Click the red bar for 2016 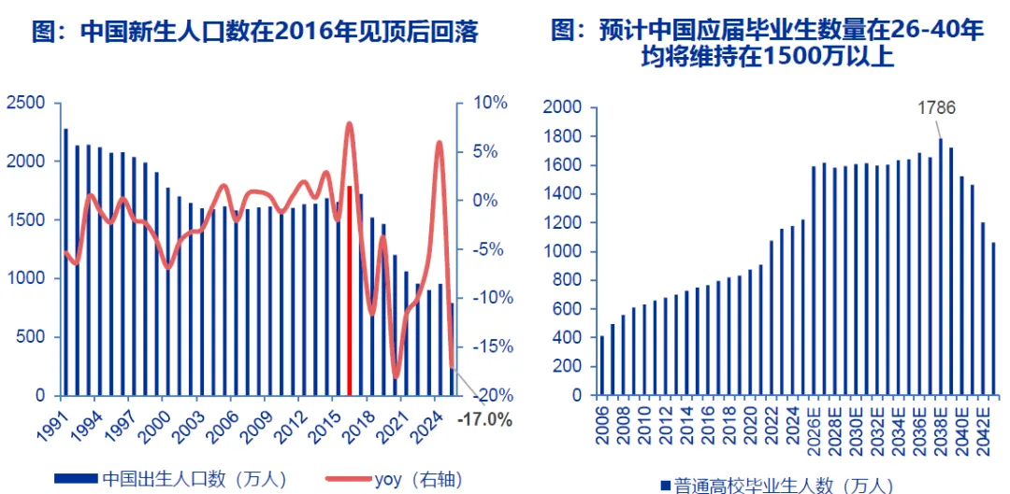[350, 289]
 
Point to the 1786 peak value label [936, 107]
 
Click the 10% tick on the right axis [488, 103]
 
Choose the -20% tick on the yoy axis [487, 395]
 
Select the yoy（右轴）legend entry [393, 479]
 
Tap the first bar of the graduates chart [602, 365]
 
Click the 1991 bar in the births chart [65, 261]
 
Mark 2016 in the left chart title [298, 33]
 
